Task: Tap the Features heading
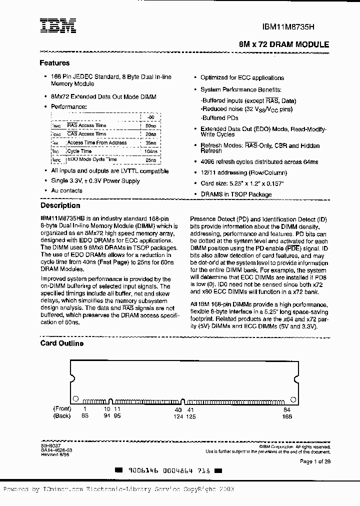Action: [x=54, y=63]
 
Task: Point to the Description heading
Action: [x=60, y=205]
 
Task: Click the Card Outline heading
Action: [x=61, y=343]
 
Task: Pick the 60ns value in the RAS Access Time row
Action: [x=150, y=125]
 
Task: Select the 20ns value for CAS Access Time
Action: [x=150, y=134]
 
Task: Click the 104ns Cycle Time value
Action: [x=149, y=151]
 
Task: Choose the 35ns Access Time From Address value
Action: [x=150, y=142]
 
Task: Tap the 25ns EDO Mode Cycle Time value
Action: [x=150, y=160]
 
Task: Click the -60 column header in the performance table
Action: [x=150, y=116]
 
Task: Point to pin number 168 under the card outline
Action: [x=287, y=415]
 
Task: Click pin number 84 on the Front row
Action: [x=287, y=409]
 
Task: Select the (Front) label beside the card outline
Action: [x=62, y=409]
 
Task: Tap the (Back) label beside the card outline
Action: [x=62, y=415]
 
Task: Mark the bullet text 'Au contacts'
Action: [x=67, y=190]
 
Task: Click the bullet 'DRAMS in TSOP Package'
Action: [x=236, y=194]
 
